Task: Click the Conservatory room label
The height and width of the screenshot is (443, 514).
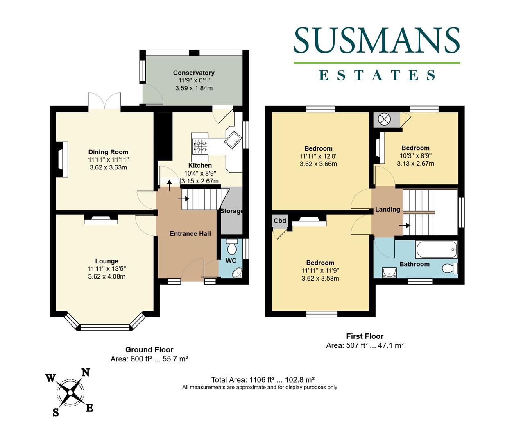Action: pos(194,73)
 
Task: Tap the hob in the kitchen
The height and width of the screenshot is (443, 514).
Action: pos(200,146)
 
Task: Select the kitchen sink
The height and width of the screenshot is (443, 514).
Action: pos(234,140)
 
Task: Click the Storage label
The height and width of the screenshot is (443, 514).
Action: pos(232,211)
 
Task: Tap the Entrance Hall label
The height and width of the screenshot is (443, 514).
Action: pos(190,233)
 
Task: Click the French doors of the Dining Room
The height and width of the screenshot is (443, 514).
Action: pos(104,101)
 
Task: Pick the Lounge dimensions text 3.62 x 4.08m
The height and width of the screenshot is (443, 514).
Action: pos(106,276)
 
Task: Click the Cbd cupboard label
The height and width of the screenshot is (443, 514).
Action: pos(280,221)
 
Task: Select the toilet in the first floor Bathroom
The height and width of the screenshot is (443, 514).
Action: pos(450,269)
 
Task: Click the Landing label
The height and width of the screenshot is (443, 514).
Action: pos(387,209)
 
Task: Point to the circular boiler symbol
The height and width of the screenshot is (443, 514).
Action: pos(384,119)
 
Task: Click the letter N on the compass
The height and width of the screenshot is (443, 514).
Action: pos(85,372)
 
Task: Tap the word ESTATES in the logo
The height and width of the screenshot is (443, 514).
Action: pos(377,75)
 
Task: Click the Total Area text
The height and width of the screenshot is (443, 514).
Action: pos(263,379)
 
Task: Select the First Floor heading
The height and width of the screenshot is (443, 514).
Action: pos(365,336)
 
